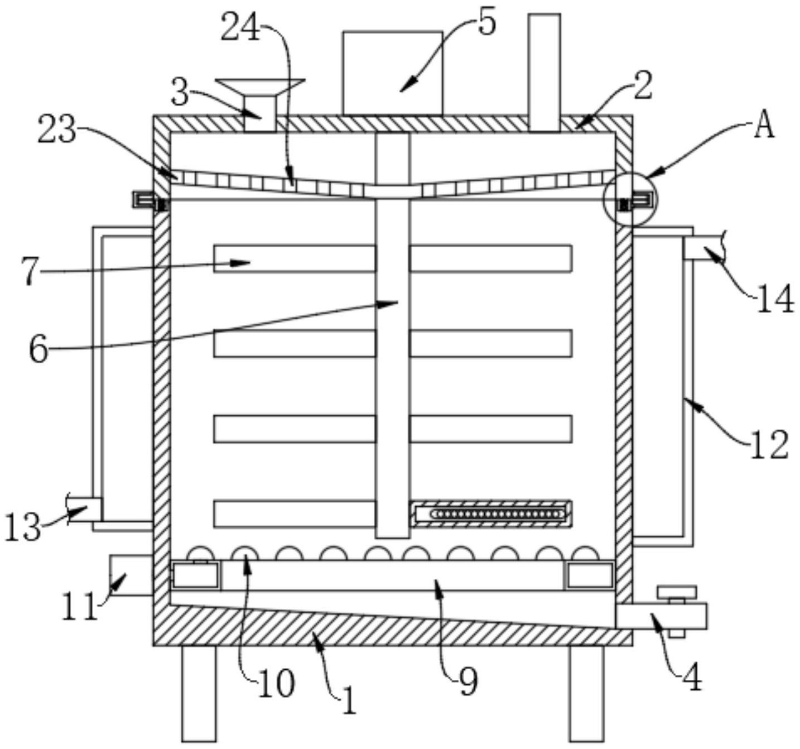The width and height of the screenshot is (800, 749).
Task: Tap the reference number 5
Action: (x=486, y=23)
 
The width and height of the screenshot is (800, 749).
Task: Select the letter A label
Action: (x=764, y=126)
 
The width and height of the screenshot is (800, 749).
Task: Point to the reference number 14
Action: (x=775, y=300)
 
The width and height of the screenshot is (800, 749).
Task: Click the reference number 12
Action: (x=769, y=445)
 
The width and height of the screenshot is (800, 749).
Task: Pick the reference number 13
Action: (x=22, y=526)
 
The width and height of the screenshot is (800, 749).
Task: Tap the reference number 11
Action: (x=79, y=608)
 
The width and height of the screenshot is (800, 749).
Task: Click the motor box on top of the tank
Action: (x=392, y=73)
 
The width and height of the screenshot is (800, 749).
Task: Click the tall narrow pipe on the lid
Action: (x=544, y=73)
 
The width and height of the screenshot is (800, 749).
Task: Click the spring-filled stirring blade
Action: (x=491, y=513)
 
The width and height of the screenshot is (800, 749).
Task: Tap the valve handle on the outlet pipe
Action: (x=677, y=592)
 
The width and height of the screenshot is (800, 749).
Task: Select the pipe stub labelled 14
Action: (x=704, y=248)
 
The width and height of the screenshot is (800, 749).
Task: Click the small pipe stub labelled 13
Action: (x=85, y=508)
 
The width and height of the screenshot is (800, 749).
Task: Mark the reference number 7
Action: (x=31, y=272)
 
